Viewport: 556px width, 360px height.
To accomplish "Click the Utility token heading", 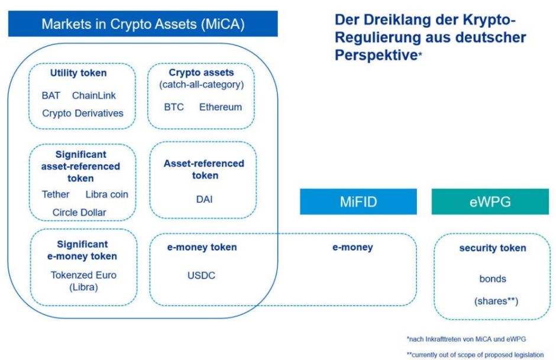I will [79, 73].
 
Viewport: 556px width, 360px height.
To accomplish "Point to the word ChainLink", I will [95, 95].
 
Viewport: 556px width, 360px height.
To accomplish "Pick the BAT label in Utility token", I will [51, 95].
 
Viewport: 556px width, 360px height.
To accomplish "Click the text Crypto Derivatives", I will [83, 113].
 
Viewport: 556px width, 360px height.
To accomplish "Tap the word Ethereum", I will [220, 107].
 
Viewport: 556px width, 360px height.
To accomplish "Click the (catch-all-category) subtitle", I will [201, 85].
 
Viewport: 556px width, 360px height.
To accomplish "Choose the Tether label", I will [56, 194].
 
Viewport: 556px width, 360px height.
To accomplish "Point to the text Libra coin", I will [106, 194].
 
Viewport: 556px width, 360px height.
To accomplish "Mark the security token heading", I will [492, 248].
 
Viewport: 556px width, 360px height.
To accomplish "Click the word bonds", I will [492, 278].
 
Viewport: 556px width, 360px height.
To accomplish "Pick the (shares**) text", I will [492, 301].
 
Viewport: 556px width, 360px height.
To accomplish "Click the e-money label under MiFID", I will [353, 248].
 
